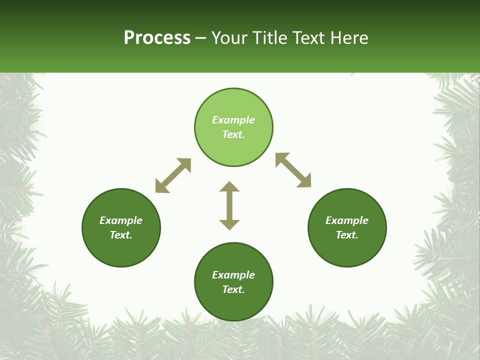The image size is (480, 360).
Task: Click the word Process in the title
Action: (157, 38)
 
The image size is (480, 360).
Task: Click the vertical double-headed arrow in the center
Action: (229, 206)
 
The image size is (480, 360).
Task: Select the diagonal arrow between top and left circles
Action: (173, 175)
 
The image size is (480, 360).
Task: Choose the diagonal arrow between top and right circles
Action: (293, 170)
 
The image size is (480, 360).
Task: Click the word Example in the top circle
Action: (233, 120)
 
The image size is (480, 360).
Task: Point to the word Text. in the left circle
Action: (121, 235)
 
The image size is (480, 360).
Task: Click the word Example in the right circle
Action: (347, 220)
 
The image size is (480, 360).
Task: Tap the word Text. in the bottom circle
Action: (233, 289)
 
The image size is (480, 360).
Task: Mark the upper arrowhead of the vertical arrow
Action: (229, 186)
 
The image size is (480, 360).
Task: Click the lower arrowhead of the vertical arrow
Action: (229, 224)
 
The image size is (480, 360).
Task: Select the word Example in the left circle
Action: (121, 220)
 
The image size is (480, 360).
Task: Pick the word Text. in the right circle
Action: (347, 235)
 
